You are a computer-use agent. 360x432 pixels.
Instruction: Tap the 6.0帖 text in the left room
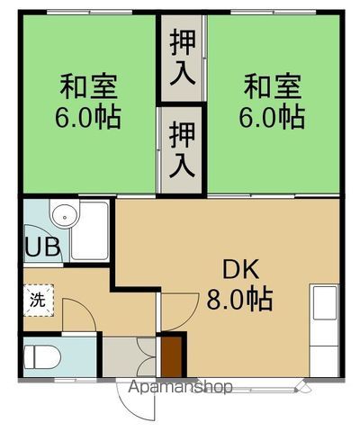(89, 117)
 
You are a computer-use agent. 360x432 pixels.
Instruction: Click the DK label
(240, 268)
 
